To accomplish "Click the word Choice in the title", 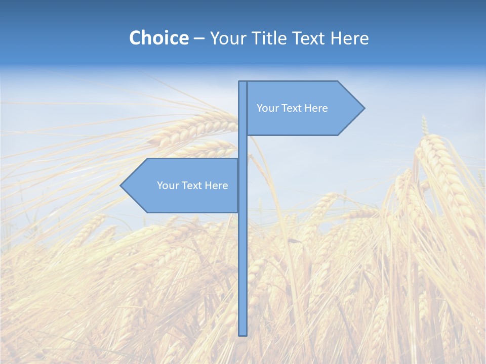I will click(158, 38).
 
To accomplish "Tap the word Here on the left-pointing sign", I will click(216, 186).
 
